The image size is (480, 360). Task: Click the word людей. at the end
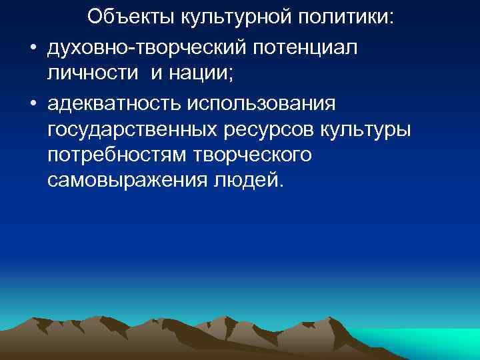point(246,181)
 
